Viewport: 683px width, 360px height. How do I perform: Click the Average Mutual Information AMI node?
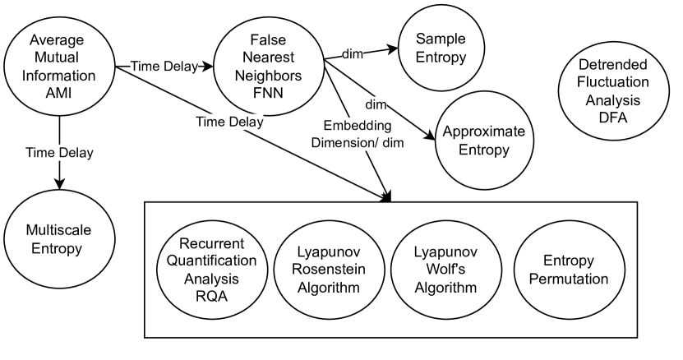59,63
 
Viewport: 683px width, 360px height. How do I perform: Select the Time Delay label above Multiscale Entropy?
59,153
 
